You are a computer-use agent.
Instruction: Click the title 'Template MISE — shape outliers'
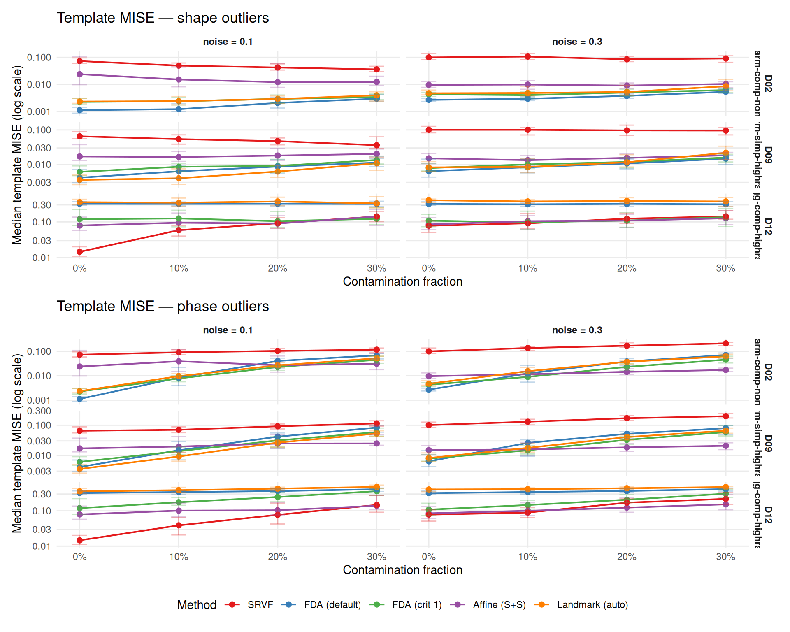[x=163, y=18]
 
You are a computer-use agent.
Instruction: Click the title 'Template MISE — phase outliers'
[x=163, y=307]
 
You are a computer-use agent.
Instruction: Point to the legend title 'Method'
[x=197, y=605]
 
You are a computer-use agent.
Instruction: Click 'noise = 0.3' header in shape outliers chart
[x=577, y=42]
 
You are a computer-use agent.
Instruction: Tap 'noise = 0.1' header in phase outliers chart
[x=228, y=330]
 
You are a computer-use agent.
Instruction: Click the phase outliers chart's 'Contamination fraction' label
[x=402, y=570]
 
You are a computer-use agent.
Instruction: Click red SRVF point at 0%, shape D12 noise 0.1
[x=80, y=252]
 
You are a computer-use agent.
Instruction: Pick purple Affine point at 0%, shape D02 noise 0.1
[x=80, y=74]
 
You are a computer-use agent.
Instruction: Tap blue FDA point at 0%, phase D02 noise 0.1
[x=80, y=399]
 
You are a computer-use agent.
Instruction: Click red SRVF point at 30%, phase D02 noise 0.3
[x=726, y=344]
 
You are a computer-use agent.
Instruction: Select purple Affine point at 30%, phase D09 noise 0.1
[x=376, y=444]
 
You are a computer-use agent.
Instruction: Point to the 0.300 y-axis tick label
[x=39, y=411]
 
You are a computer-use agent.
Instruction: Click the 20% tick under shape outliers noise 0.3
[x=626, y=268]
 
